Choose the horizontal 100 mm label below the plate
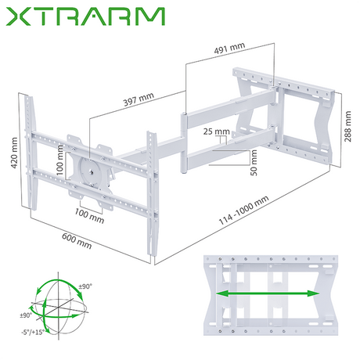click(x=91, y=210)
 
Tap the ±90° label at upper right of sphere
click(x=83, y=287)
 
